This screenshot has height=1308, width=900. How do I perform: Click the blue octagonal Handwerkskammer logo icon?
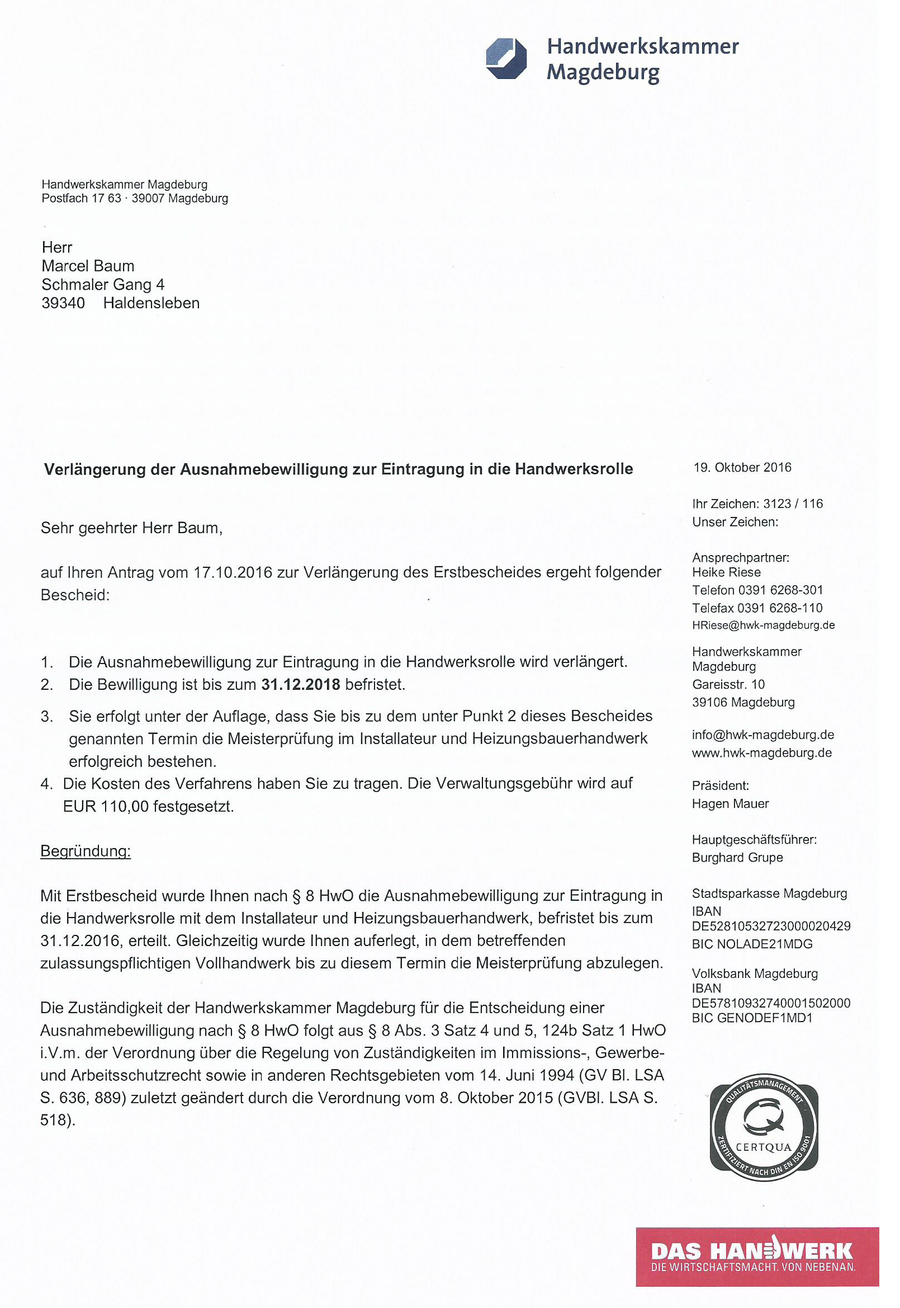tap(506, 59)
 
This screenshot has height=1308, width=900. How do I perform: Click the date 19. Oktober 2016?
tap(742, 467)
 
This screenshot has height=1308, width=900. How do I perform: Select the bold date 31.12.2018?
tap(301, 684)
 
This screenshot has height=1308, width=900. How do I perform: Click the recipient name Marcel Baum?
tap(88, 266)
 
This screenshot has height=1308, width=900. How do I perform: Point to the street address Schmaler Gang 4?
tap(103, 284)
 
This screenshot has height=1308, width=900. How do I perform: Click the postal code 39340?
tap(63, 303)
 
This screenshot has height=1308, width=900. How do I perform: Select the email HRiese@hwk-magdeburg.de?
tap(763, 625)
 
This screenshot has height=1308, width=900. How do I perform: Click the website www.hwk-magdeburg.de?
tap(762, 753)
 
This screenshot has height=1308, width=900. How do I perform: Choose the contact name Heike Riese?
tap(726, 572)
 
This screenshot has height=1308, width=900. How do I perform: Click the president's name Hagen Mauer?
tap(730, 803)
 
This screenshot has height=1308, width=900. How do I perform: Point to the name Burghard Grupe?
tap(737, 857)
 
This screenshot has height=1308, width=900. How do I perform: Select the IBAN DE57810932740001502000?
tap(771, 1003)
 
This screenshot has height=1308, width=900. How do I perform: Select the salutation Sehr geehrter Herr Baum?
tap(131, 528)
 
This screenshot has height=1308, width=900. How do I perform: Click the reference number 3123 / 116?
tap(793, 504)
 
